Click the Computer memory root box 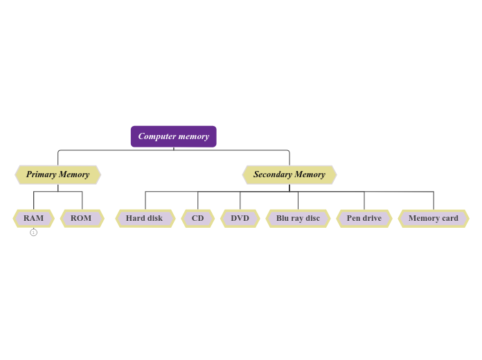[173, 136]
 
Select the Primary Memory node [58, 174]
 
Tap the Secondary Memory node [289, 174]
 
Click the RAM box [33, 218]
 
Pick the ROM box [82, 218]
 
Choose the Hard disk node [145, 218]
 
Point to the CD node [198, 218]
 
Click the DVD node [240, 218]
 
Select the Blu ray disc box [298, 218]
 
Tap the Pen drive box [364, 218]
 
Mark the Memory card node [434, 218]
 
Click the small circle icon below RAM [33, 233]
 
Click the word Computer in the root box [157, 136]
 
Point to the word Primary [41, 174]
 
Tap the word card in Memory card [449, 218]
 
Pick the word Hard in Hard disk [135, 218]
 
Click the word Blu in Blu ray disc [283, 218]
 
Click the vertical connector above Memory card [434, 201]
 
